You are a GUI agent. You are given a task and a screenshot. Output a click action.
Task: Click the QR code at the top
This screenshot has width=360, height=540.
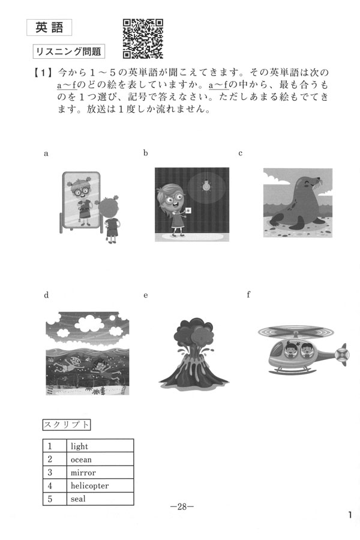tap(143, 38)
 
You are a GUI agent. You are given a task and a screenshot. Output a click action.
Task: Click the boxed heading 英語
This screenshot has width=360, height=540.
tap(49, 28)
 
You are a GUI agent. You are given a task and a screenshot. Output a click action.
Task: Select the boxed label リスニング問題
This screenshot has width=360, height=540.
tap(68, 52)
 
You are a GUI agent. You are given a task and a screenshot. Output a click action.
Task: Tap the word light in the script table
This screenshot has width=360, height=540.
tap(79, 446)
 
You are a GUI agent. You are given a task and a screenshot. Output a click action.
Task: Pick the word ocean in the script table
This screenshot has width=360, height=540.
tap(81, 460)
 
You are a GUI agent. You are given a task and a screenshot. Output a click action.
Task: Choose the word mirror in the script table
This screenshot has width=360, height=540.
tap(83, 473)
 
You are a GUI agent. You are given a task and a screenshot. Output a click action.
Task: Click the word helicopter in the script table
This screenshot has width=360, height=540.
tap(89, 485)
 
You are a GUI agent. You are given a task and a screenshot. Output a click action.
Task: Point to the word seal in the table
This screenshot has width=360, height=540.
tap(78, 499)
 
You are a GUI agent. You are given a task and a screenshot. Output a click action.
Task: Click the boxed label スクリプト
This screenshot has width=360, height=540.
tap(67, 425)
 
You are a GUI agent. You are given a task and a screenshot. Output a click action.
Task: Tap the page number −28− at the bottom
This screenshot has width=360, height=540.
tap(182, 506)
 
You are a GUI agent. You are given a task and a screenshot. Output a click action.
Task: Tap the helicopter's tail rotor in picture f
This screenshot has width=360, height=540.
tap(342, 355)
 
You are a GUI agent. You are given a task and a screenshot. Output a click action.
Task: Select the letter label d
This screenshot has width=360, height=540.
tap(47, 295)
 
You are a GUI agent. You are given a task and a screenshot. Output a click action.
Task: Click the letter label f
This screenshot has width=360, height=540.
tap(248, 295)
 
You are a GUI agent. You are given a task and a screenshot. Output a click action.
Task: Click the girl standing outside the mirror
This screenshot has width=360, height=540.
tap(110, 219)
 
